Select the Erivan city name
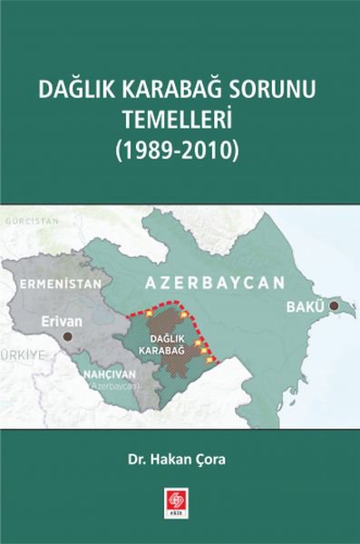click(x=62, y=320)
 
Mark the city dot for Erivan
click(x=68, y=336)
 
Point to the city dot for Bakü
click(x=335, y=307)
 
